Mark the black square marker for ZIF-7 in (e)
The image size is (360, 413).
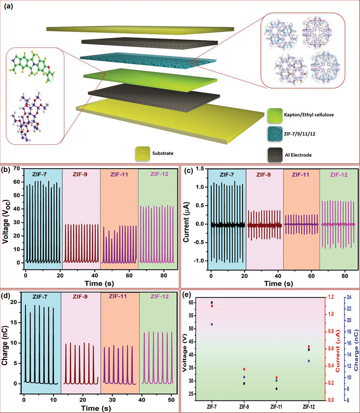[212, 303]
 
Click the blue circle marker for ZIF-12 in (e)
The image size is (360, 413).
[309, 361]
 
